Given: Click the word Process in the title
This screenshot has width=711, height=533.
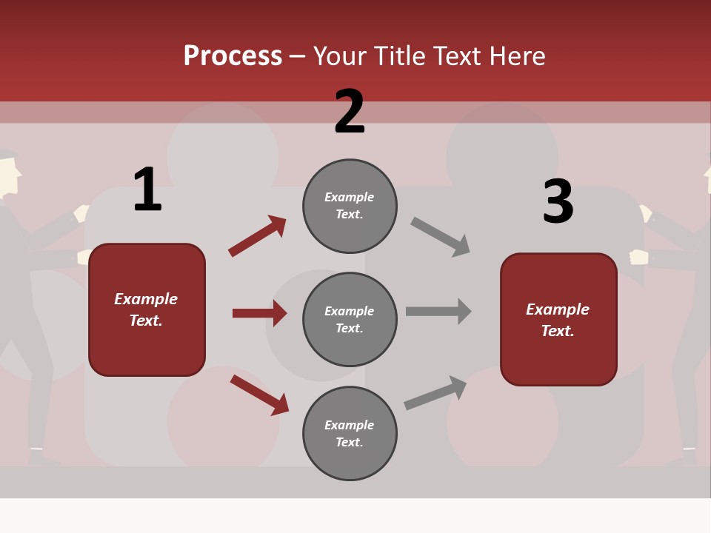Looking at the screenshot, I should pyautogui.click(x=233, y=56).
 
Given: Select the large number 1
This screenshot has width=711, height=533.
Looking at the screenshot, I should pyautogui.click(x=147, y=190).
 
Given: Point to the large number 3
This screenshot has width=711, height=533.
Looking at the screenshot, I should pyautogui.click(x=558, y=201).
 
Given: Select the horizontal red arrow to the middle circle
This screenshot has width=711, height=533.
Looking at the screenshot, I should pyautogui.click(x=259, y=313).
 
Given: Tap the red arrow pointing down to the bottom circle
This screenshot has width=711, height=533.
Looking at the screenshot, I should pyautogui.click(x=259, y=395).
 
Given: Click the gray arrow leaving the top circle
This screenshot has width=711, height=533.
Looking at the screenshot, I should pyautogui.click(x=441, y=237).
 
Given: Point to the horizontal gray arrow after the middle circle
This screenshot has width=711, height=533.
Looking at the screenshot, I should pyautogui.click(x=438, y=311).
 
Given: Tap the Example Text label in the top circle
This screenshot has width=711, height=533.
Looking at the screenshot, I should pyautogui.click(x=350, y=206).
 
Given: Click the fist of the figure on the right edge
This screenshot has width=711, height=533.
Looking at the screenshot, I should pyautogui.click(x=638, y=257).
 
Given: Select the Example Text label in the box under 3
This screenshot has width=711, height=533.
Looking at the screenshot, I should pyautogui.click(x=558, y=320).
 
